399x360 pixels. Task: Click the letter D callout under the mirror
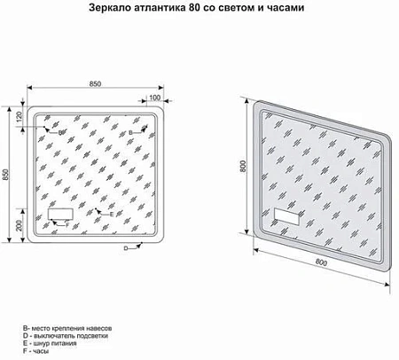126,248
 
